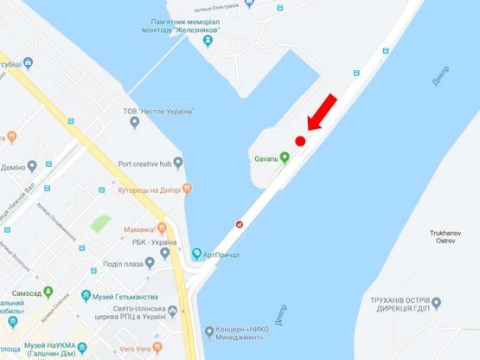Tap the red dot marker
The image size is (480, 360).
[x=301, y=141]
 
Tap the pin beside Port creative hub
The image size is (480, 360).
[x=178, y=162]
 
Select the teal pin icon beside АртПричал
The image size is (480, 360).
[x=195, y=254]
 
